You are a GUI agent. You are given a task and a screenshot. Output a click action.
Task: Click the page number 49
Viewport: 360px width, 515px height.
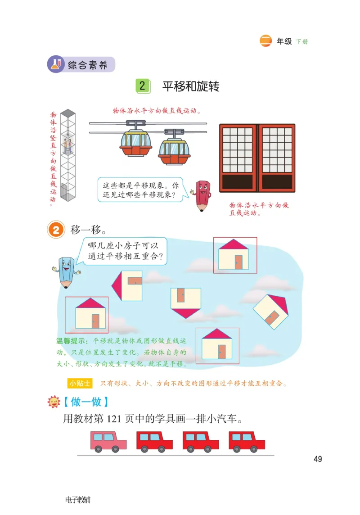318,459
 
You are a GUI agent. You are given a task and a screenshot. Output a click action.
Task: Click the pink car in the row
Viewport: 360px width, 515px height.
108,441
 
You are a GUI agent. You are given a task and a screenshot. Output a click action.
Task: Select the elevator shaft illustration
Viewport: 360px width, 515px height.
67,155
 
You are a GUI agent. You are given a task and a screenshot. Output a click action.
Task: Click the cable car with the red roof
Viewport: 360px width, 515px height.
135,143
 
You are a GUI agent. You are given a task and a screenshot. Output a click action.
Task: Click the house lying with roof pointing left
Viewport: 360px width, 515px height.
127,286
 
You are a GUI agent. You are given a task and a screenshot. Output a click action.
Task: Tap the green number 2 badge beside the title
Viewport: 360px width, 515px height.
142,86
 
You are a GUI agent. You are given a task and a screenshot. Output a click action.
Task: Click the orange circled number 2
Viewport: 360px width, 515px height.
56,230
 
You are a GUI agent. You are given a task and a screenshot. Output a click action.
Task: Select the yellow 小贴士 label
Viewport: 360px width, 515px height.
80,383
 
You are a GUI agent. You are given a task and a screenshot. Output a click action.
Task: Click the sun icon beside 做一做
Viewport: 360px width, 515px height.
54,402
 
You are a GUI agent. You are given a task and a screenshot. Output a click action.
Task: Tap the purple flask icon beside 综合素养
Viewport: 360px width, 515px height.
56,64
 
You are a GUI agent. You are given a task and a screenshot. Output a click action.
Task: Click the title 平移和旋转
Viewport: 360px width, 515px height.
191,86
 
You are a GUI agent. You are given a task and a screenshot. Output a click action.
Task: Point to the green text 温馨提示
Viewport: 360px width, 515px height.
72,341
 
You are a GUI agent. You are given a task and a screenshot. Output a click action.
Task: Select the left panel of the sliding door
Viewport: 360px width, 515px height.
238,158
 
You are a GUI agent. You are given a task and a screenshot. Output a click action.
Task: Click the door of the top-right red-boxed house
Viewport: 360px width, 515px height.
238,262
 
